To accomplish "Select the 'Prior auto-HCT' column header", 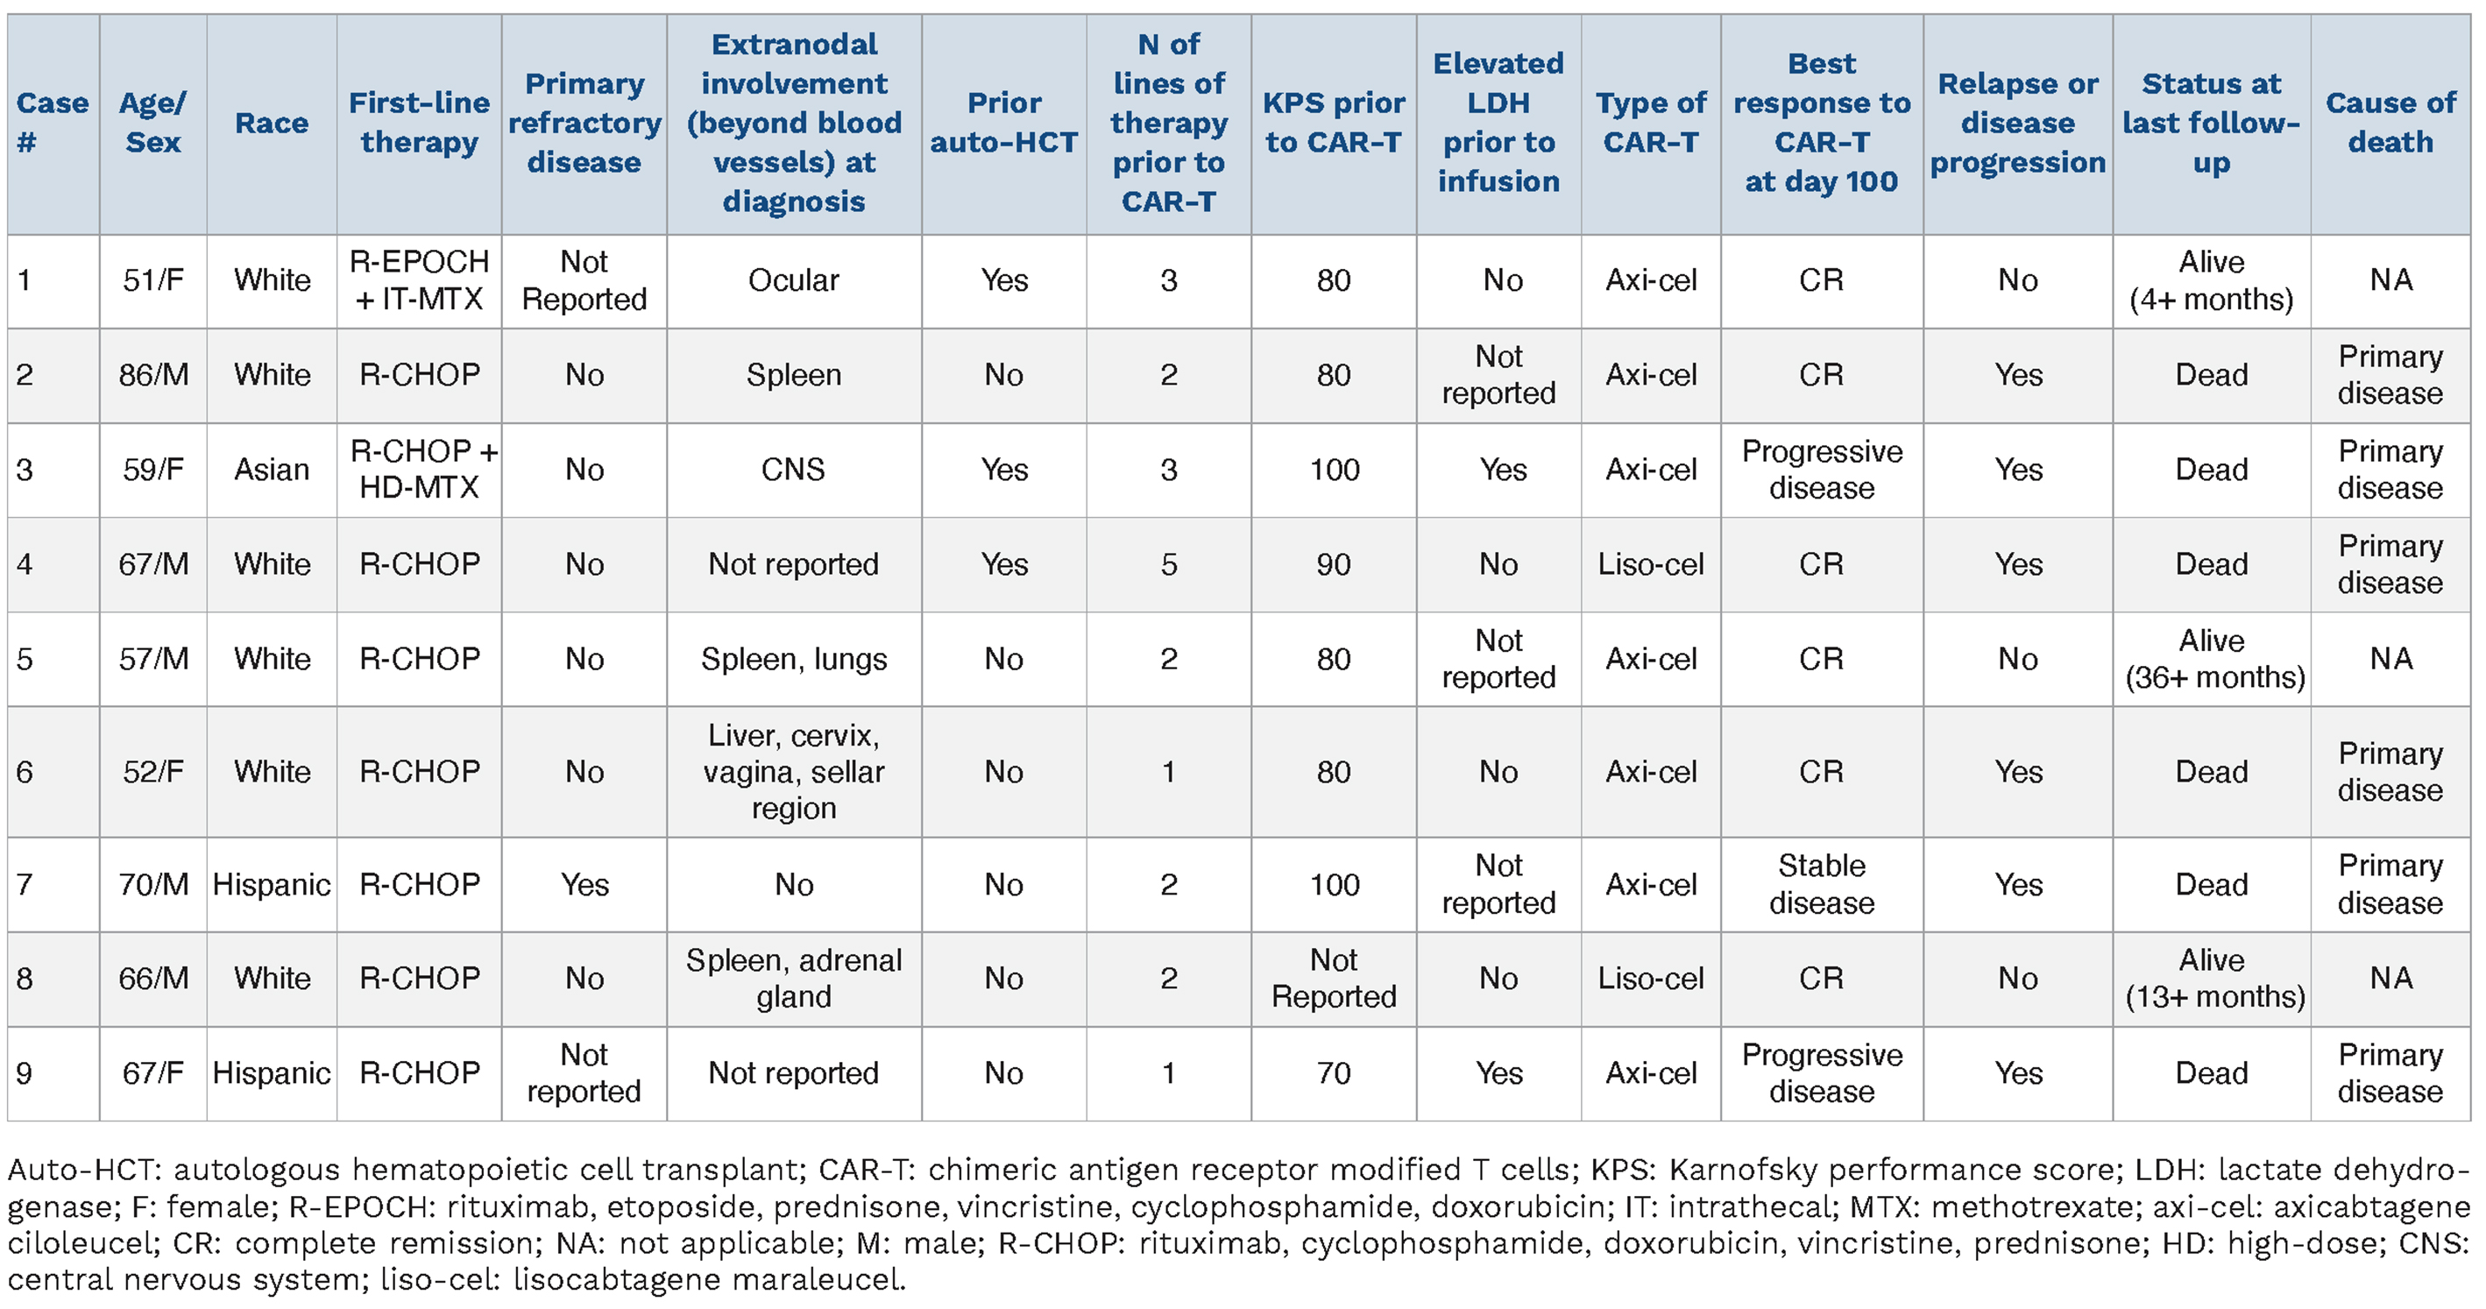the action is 1003,123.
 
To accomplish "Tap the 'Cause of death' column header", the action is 2390,123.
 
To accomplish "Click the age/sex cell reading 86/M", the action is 153,374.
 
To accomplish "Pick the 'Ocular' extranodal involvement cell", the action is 793,280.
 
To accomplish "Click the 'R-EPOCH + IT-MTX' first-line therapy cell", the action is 419,280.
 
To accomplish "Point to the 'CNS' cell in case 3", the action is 793,470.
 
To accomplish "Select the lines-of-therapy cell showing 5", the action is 1169,564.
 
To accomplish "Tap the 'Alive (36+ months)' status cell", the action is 2213,659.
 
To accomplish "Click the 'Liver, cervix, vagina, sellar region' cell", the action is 793,772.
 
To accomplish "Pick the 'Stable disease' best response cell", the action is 1821,885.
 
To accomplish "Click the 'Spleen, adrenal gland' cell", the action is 793,978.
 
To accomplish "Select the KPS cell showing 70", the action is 1334,1072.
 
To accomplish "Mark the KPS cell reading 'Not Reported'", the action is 1334,978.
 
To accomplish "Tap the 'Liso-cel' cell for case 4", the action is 1650,564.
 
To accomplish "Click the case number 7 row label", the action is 25,885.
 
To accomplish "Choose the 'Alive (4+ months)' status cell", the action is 2211,280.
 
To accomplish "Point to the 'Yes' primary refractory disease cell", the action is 584,885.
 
